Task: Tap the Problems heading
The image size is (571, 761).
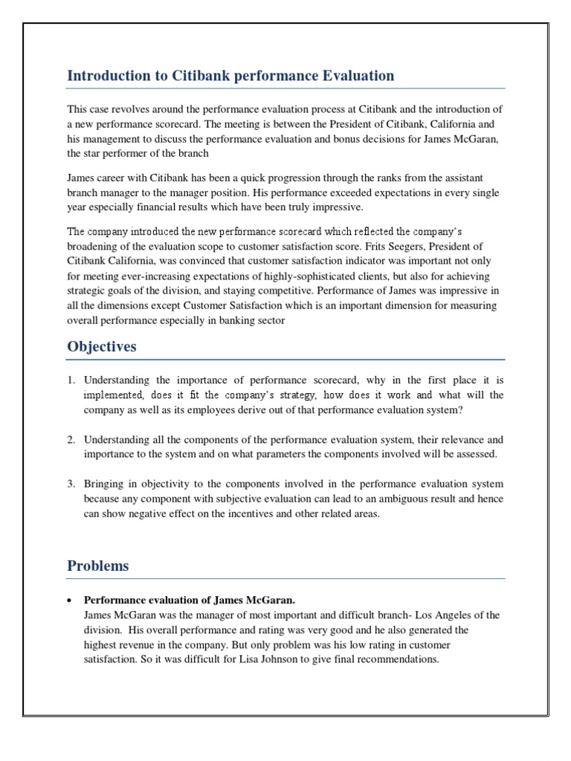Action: pos(97,566)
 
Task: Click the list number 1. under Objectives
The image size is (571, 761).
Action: pos(72,380)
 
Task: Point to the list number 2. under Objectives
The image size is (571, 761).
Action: pos(72,440)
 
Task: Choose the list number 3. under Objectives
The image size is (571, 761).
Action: pos(72,485)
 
